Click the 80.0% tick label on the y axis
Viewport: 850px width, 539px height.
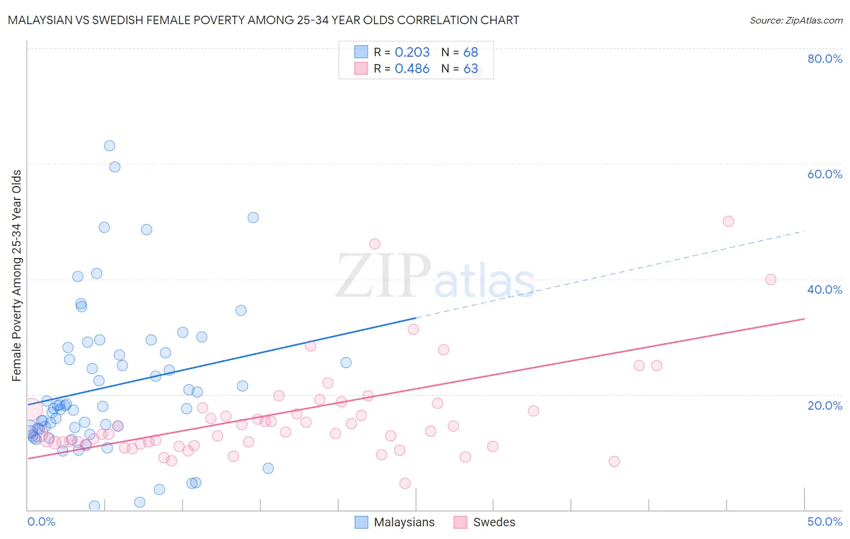click(824, 59)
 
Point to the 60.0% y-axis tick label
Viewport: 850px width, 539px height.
click(824, 174)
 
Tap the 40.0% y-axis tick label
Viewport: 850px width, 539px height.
click(824, 289)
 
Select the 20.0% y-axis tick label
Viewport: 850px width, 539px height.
click(824, 405)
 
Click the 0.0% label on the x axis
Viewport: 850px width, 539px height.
click(41, 521)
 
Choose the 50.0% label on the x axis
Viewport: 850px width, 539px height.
click(824, 521)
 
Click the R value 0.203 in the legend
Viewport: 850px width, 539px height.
click(412, 53)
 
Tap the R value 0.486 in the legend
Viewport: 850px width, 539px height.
click(412, 69)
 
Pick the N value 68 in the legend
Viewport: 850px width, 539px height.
click(470, 53)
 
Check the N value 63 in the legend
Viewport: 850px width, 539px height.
click(470, 69)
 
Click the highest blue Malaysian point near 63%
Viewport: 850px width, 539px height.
click(109, 146)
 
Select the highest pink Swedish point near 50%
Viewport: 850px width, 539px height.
click(728, 221)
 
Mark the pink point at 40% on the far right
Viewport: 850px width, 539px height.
click(770, 279)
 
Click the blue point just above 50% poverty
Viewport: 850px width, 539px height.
click(253, 218)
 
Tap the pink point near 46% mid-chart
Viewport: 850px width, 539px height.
click(374, 244)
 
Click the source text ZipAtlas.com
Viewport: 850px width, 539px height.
click(796, 21)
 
